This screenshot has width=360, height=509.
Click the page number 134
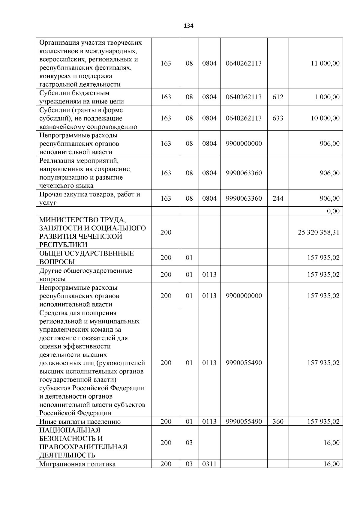pos(188,26)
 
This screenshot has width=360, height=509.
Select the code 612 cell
pos(278,97)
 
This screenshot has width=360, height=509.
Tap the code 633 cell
pos(278,118)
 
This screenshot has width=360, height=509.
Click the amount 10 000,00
pos(325,118)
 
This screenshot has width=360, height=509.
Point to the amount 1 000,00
pos(327,97)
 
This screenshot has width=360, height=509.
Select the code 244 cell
pos(278,198)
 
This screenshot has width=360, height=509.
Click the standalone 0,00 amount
pos(333,211)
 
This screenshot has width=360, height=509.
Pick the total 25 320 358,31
pos(319,232)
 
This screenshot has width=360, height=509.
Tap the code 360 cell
pos(278,421)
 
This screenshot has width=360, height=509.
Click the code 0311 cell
pos(209,464)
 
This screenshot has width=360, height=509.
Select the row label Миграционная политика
pos(77,464)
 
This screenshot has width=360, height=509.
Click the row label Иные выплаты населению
pos(80,422)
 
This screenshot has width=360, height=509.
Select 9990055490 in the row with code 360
pos(244,421)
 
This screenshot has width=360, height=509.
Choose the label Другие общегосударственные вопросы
pos(85,274)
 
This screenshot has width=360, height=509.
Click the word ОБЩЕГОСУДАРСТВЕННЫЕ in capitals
pos(86,253)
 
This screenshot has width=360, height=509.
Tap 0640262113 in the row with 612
pos(244,97)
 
